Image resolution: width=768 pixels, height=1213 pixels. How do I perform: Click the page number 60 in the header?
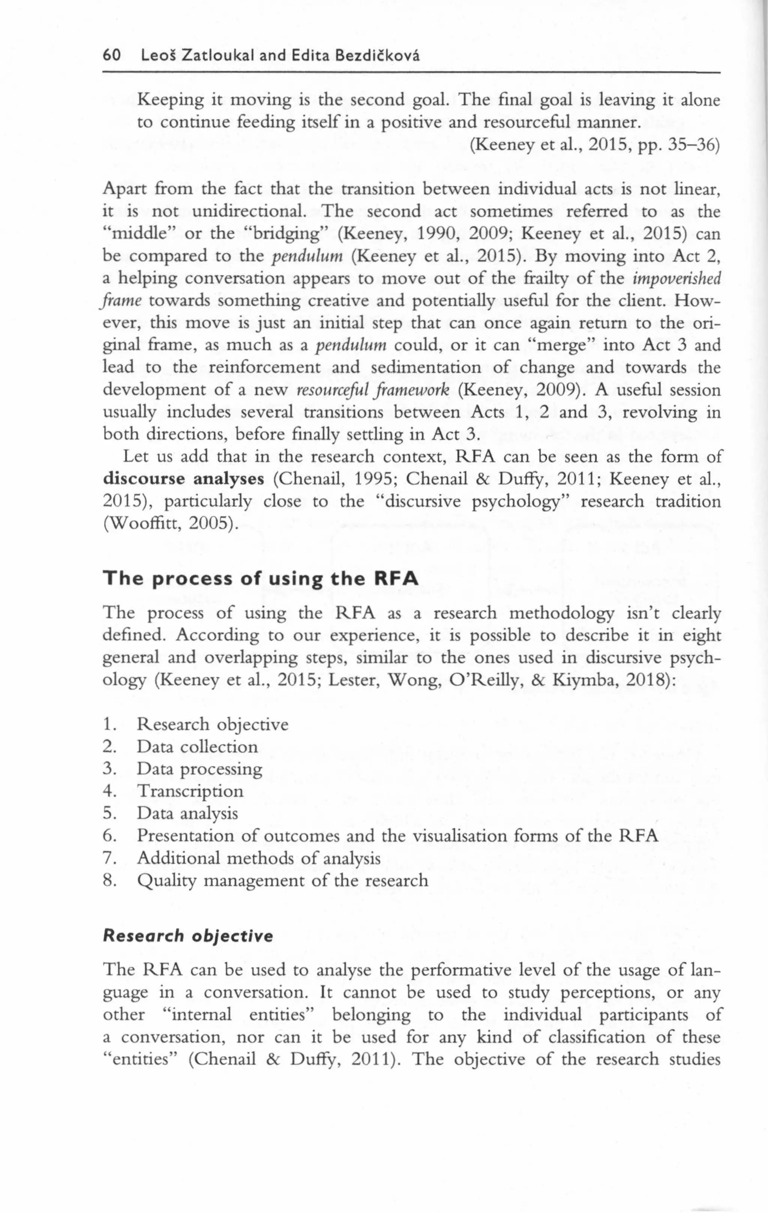point(112,55)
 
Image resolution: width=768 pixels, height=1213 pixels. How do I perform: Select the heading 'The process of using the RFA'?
point(260,579)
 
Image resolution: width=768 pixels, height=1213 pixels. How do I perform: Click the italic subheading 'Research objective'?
point(188,936)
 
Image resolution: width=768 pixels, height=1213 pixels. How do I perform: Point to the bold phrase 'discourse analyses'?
point(183,479)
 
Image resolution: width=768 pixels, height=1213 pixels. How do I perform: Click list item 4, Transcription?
point(190,791)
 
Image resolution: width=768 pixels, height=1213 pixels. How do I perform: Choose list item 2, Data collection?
point(197,747)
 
